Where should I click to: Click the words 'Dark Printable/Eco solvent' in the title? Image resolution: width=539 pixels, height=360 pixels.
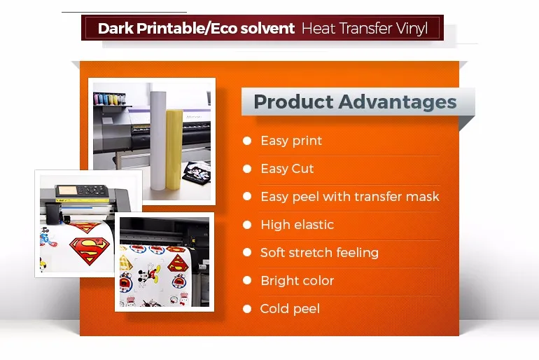pos(196,29)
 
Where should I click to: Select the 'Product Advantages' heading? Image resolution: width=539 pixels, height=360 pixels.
pos(355,102)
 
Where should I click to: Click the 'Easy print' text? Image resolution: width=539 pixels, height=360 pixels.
pos(291,141)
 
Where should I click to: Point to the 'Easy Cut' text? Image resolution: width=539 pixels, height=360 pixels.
pos(287,169)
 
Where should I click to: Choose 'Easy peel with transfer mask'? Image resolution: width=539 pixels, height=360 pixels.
pos(350,197)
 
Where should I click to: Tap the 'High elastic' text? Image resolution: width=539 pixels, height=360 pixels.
pos(297,225)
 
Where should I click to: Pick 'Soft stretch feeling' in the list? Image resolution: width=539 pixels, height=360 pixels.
pos(319,253)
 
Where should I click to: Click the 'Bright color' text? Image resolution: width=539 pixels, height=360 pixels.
pos(297,281)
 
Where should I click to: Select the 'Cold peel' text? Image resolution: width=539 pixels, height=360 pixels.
pos(290,309)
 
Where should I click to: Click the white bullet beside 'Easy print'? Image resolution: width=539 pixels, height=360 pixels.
pos(247,141)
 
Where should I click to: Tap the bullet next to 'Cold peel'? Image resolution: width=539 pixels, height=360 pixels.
pos(247,309)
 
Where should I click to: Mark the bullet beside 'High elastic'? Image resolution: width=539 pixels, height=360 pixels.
pos(247,225)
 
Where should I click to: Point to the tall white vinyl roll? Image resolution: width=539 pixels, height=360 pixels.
pos(157,137)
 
